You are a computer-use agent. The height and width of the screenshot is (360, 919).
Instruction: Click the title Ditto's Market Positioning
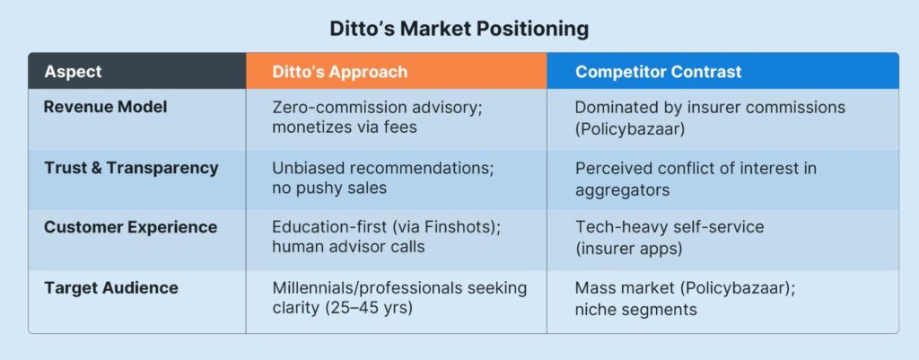pos(459,29)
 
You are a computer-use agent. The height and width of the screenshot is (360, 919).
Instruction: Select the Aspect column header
pos(73,72)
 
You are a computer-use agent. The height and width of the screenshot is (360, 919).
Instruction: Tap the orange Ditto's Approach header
pos(339,72)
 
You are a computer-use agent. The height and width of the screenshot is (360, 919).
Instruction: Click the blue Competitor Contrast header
pos(658,72)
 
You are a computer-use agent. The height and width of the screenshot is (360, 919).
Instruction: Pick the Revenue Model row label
pos(106,107)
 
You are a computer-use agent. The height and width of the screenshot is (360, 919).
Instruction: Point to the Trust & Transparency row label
pos(131,168)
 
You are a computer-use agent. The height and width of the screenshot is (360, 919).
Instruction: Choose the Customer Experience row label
pos(131,227)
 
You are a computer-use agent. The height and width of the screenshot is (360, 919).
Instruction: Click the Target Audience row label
pos(110,288)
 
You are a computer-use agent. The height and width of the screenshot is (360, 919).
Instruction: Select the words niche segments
pos(636,309)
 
